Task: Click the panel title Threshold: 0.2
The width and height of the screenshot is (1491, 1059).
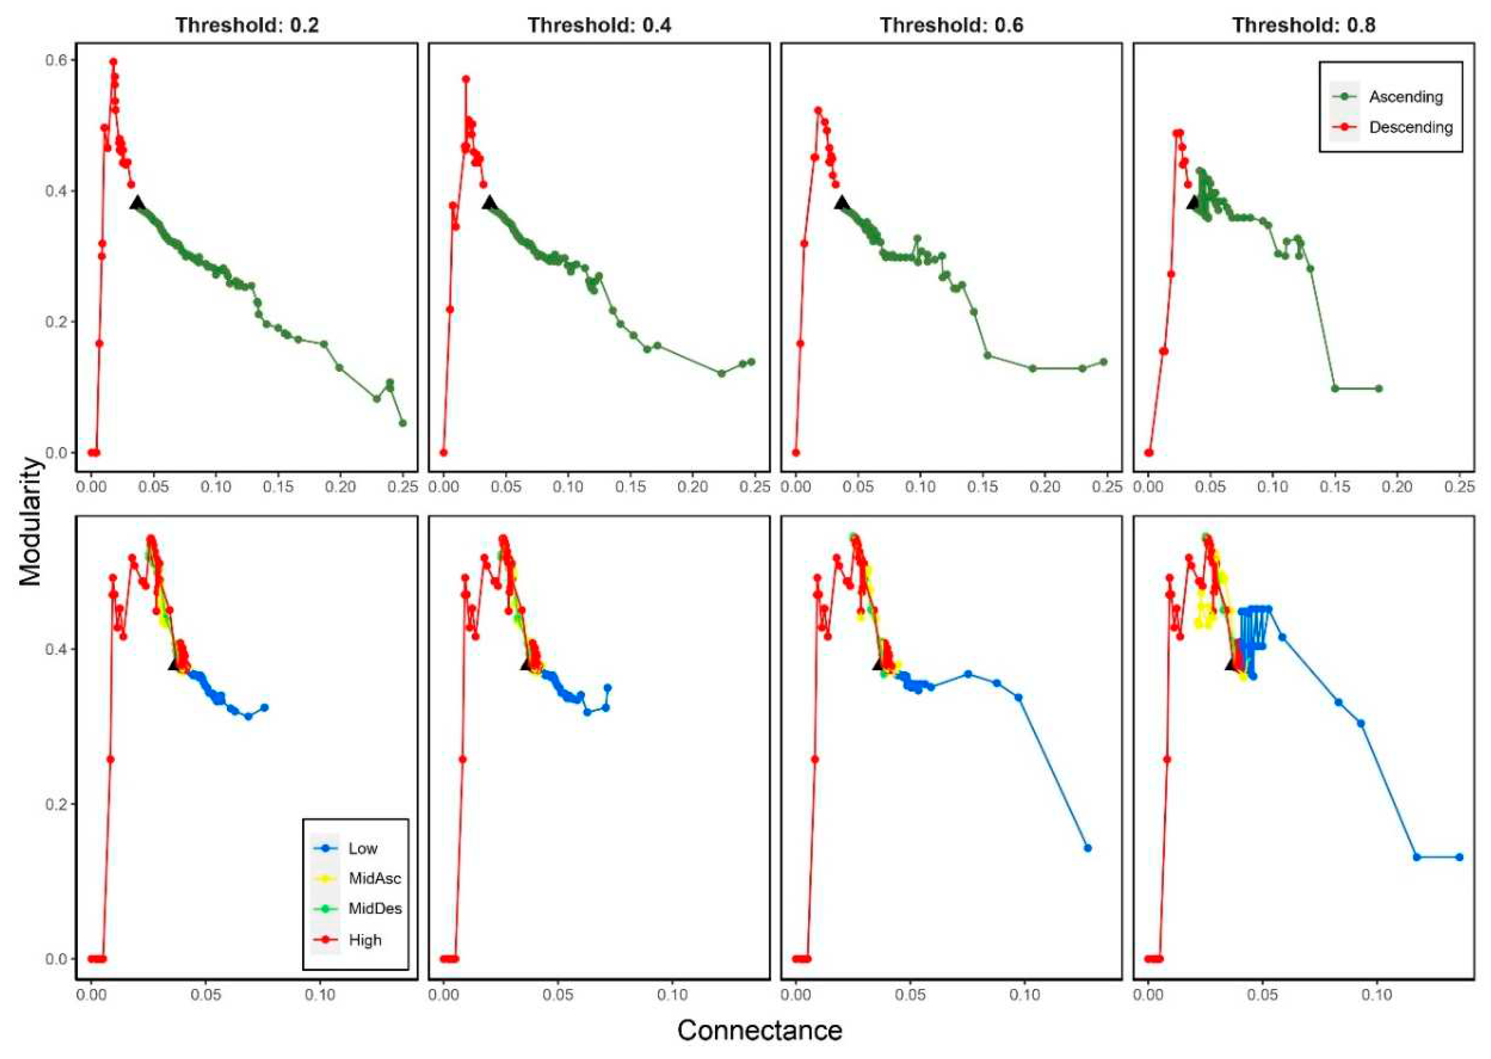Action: pyautogui.click(x=247, y=25)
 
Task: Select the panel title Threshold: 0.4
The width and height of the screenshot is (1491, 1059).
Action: pyautogui.click(x=599, y=25)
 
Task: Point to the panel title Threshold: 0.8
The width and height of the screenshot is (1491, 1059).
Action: pyautogui.click(x=1303, y=25)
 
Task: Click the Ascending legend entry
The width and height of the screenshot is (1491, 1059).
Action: pyautogui.click(x=1406, y=96)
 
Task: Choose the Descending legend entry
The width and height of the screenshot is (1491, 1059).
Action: pyautogui.click(x=1410, y=127)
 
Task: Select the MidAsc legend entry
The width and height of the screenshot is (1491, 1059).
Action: pyautogui.click(x=375, y=879)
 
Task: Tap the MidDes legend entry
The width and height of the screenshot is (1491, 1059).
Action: pyautogui.click(x=375, y=908)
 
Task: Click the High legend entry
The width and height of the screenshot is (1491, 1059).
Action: pyautogui.click(x=364, y=940)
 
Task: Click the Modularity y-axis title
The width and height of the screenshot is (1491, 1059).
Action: pyautogui.click(x=29, y=522)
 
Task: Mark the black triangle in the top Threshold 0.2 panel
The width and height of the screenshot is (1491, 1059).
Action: pyautogui.click(x=138, y=204)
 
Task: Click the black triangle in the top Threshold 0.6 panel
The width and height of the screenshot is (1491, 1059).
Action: pyautogui.click(x=842, y=204)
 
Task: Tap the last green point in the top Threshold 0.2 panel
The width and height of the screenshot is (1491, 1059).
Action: pyautogui.click(x=403, y=423)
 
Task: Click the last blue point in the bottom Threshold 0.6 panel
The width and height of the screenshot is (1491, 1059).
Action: pyautogui.click(x=1087, y=848)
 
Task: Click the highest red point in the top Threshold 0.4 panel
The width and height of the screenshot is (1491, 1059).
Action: pyautogui.click(x=466, y=79)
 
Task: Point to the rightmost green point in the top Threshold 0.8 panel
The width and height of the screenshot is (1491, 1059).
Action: pyautogui.click(x=1378, y=388)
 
